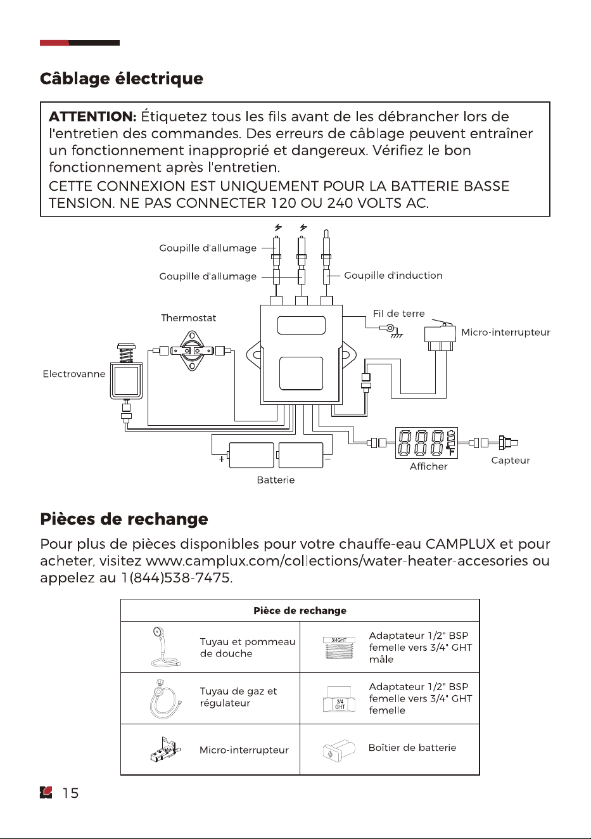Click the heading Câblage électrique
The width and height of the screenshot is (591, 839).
click(x=122, y=79)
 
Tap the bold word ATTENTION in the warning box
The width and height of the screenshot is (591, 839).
click(x=92, y=117)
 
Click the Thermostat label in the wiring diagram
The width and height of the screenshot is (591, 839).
click(x=188, y=318)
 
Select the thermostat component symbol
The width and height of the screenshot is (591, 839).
click(x=192, y=350)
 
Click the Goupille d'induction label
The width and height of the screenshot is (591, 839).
click(x=393, y=276)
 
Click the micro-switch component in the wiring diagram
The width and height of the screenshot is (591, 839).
click(x=440, y=335)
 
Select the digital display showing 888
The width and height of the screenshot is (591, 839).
click(x=426, y=443)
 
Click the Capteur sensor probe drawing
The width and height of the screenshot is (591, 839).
click(x=508, y=443)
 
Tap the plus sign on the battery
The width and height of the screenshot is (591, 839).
click(x=221, y=459)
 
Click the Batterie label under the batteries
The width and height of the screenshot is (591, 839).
click(x=276, y=480)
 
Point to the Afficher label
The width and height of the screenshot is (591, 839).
click(x=428, y=466)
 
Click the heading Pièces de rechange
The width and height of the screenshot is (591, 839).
click(x=124, y=519)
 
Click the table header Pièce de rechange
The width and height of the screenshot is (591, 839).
click(x=300, y=611)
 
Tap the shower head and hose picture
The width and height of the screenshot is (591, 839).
click(x=165, y=647)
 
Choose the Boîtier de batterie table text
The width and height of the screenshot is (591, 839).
click(x=412, y=748)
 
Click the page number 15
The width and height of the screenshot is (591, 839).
click(x=70, y=793)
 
